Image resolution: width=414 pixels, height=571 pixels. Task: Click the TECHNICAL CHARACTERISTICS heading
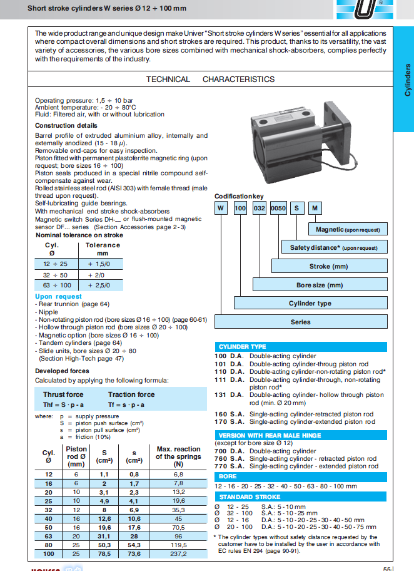[x=210, y=80]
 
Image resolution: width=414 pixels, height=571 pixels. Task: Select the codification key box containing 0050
[x=278, y=207]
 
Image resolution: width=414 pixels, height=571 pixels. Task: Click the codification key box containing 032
[x=260, y=207]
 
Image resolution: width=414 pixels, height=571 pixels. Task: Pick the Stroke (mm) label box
[x=328, y=266]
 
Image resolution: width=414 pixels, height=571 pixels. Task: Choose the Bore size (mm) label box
[x=320, y=285]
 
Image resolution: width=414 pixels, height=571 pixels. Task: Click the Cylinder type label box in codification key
[x=310, y=303]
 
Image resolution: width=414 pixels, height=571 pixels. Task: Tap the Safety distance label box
[x=333, y=247]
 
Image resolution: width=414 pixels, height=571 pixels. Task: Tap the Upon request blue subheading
[x=58, y=296]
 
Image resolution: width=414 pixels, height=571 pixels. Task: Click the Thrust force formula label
[x=63, y=394]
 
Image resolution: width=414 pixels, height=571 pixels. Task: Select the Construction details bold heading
[x=66, y=126]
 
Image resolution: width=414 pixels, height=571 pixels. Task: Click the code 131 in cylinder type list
[x=220, y=395]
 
